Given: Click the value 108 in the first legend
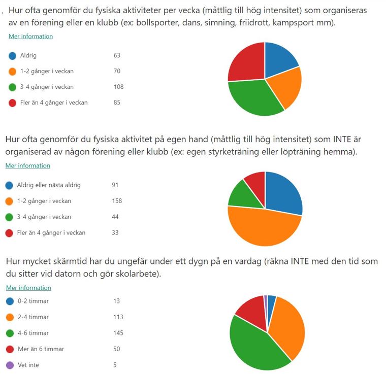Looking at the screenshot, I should pyautogui.click(x=118, y=87).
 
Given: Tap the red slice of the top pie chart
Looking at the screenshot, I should pyautogui.click(x=245, y=61).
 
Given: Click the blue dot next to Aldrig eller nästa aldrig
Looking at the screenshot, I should pyautogui.click(x=9, y=185).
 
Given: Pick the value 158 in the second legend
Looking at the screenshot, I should pyautogui.click(x=117, y=201).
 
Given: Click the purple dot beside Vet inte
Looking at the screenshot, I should pyautogui.click(x=10, y=365).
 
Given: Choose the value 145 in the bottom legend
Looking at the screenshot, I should pyautogui.click(x=118, y=333).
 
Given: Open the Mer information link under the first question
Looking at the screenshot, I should pyautogui.click(x=30, y=37).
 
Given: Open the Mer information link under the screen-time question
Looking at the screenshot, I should pyautogui.click(x=28, y=288).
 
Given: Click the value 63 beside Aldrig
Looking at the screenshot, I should pyautogui.click(x=117, y=55).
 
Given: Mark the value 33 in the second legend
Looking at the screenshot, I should pyautogui.click(x=115, y=233).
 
